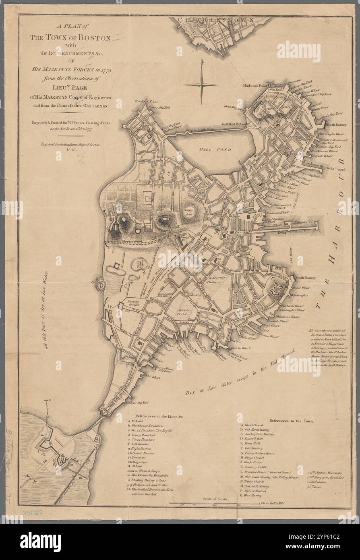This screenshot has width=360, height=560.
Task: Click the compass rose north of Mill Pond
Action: (201, 83)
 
